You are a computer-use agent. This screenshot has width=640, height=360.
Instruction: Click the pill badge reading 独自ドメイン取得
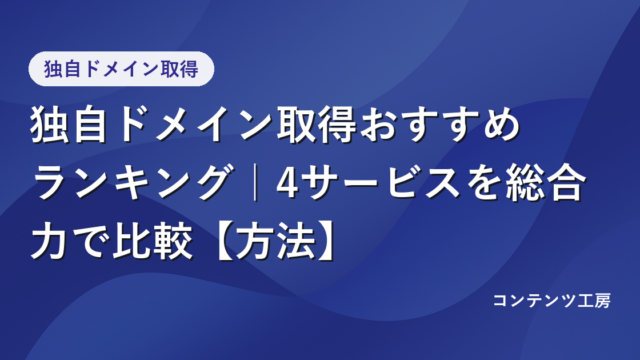(121, 69)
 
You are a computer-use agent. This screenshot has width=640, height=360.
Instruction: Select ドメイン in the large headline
(194, 124)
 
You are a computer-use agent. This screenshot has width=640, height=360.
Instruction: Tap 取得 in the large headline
(317, 124)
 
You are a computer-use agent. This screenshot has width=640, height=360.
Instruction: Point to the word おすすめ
(440, 124)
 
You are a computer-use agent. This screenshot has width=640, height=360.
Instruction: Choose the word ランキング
(133, 182)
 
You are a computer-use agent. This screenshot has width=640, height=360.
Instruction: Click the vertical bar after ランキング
(256, 182)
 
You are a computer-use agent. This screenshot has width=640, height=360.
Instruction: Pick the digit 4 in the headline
(287, 183)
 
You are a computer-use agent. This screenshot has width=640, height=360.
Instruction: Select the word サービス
(381, 182)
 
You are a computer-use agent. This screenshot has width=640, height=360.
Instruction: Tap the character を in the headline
(484, 182)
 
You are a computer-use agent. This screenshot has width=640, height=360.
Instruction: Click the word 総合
(545, 182)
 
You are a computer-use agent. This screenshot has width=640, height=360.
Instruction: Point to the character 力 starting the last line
(49, 241)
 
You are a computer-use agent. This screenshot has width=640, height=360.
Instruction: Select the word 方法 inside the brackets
(276, 241)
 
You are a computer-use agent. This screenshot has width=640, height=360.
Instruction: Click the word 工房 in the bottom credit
(594, 300)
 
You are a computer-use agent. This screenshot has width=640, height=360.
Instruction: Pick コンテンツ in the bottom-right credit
(536, 300)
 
